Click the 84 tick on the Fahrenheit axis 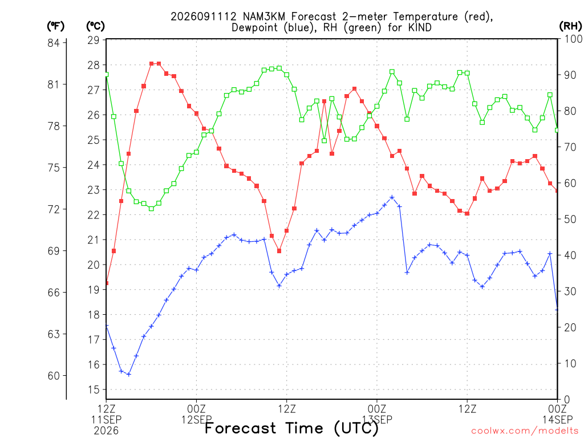tap(54, 43)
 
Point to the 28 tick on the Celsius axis tap(94, 65)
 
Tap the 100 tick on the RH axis tap(573, 39)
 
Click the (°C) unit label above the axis tap(95, 26)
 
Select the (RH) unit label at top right tap(570, 26)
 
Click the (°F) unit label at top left tap(55, 26)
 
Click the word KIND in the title tap(420, 27)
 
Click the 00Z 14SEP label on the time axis tap(557, 414)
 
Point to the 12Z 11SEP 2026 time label tap(106, 420)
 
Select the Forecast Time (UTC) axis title tap(291, 428)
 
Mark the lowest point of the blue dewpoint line tap(129, 374)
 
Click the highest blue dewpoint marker tap(392, 197)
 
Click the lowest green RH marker tap(151, 209)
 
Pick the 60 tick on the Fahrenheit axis tap(54, 376)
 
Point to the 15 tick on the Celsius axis tap(94, 390)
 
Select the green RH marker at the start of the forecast tap(107, 75)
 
